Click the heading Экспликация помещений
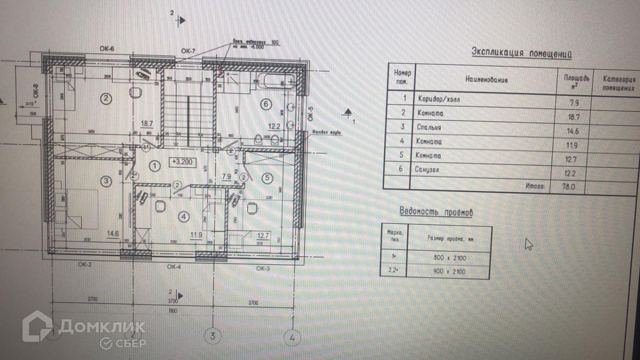click(x=522, y=52)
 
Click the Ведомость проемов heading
click(x=436, y=212)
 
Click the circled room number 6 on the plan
click(x=266, y=105)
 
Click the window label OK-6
click(x=107, y=49)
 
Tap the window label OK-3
click(x=263, y=268)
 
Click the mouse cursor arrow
click(x=529, y=244)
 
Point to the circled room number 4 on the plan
click(x=183, y=217)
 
